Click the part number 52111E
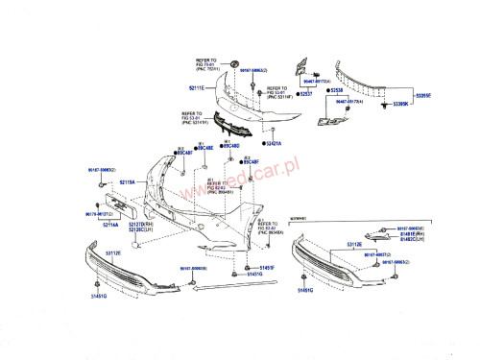[197, 87]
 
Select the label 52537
[307, 95]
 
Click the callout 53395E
[422, 96]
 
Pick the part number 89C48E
[206, 148]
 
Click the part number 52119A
[127, 181]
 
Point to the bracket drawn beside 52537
[298, 71]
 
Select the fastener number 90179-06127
[99, 214]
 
